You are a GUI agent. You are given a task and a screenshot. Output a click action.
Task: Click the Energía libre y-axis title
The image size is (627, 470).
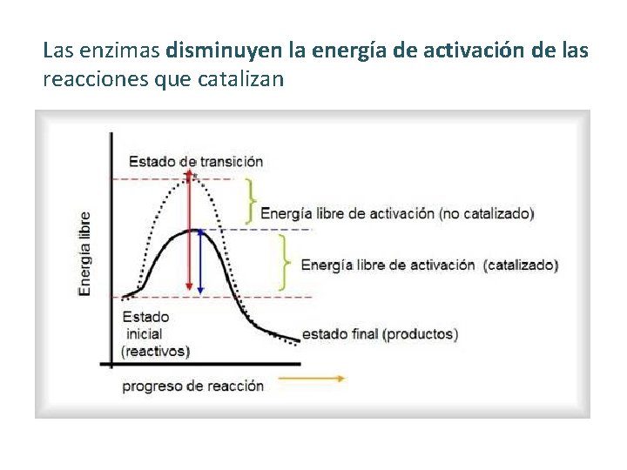pos(84,253)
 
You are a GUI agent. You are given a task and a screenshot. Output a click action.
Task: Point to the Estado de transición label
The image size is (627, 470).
pos(196,161)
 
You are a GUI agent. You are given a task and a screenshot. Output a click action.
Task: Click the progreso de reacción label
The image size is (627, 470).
pos(192,386)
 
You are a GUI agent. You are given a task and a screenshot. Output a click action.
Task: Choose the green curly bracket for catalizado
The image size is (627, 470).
pos(284,261)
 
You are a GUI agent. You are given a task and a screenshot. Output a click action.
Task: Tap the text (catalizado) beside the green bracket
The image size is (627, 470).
pos(521,265)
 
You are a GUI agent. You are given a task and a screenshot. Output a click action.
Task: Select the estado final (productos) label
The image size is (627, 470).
pos(380,333)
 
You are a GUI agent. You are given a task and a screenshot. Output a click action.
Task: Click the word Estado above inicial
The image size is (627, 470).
pos(145,317)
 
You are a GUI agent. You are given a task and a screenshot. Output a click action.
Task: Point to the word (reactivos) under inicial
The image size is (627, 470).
pos(155,351)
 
